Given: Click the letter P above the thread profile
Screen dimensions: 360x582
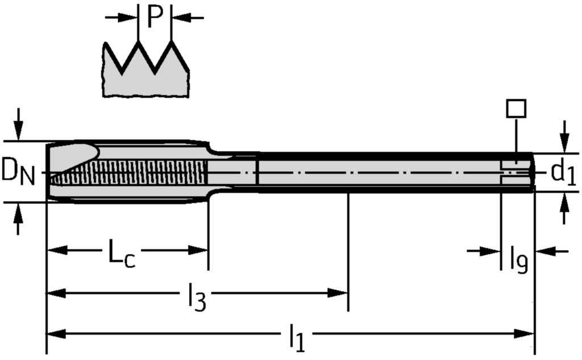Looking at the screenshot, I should click(155, 17).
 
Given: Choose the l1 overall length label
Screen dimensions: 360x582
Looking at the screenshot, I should click(296, 338).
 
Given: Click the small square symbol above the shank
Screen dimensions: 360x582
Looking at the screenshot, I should click(516, 108).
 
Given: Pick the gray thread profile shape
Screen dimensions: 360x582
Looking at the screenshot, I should click(146, 80).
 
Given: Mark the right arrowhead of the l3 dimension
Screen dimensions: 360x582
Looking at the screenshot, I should click(338, 293).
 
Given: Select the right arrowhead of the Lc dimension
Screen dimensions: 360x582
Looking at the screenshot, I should click(198, 250).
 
